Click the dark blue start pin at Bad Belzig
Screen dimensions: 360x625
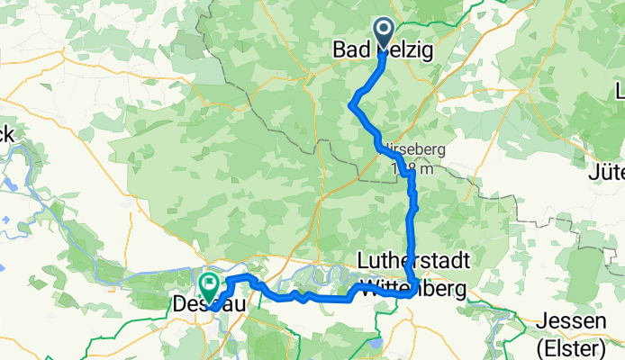click(x=383, y=34)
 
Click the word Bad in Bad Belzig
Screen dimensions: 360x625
click(x=349, y=52)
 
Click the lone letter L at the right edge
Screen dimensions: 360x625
click(x=620, y=91)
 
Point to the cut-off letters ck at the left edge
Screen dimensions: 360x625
click(x=7, y=134)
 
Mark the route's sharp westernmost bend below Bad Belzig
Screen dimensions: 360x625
click(x=349, y=106)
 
